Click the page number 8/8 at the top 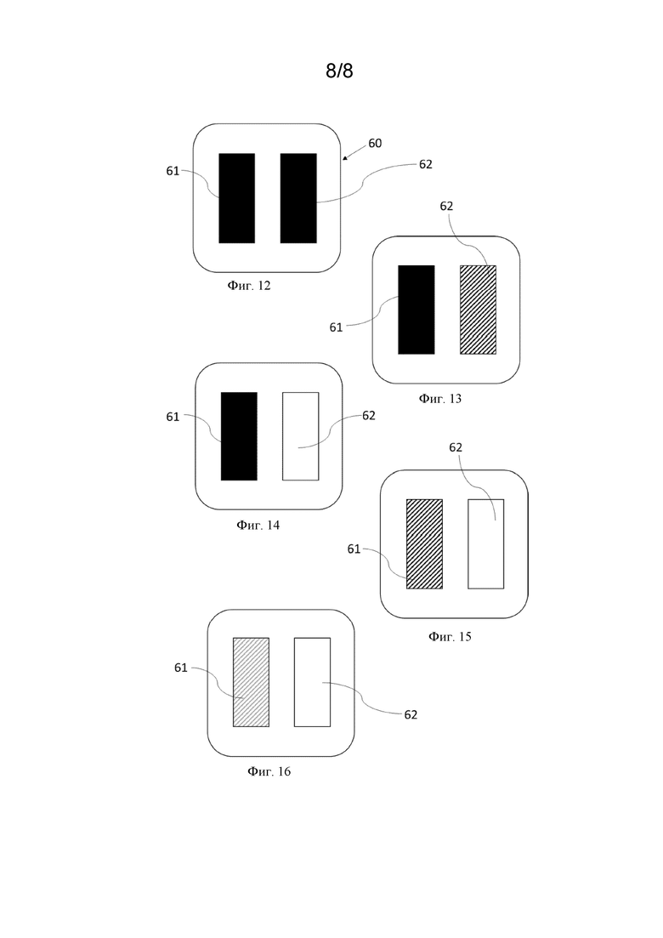pos(339,71)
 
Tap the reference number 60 pos(375,143)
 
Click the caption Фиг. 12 pos(249,286)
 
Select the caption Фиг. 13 pos(440,398)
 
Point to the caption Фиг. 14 pos(258,525)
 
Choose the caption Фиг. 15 pos(450,636)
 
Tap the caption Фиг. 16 pos(269,771)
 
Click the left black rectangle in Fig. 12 pos(237,198)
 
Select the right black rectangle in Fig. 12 pos(298,198)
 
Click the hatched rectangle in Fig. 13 pos(478,310)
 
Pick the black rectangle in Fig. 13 pos(416,310)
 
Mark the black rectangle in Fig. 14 pos(239,436)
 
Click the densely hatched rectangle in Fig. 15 pos(424,543)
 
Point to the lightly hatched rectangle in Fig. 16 pos(251,682)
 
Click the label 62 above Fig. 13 pos(446,206)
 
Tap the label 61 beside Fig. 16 pos(180,668)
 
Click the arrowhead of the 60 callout pos(344,158)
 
